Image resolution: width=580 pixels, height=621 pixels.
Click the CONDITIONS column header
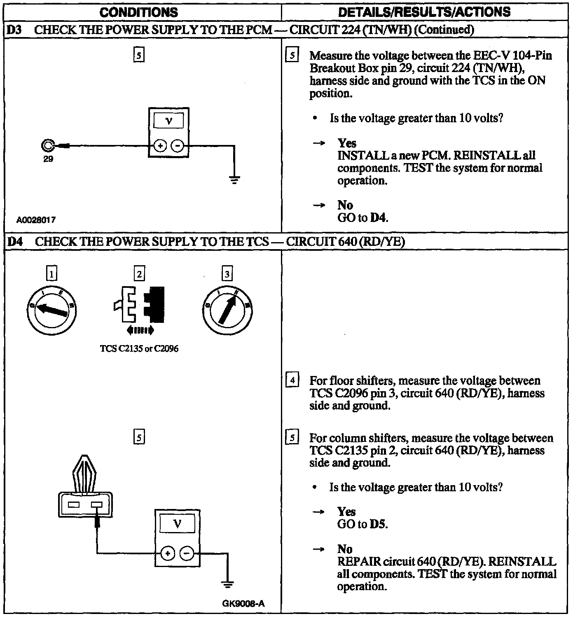pyautogui.click(x=139, y=12)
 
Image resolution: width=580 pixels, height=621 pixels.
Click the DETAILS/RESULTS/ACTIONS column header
pyautogui.click(x=424, y=12)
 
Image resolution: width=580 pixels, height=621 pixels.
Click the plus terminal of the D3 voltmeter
pyautogui.click(x=160, y=146)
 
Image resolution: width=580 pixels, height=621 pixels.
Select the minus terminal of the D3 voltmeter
pyautogui.click(x=177, y=146)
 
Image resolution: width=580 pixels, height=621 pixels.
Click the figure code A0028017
pyautogui.click(x=36, y=219)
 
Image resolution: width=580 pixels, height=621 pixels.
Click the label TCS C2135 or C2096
pyautogui.click(x=139, y=349)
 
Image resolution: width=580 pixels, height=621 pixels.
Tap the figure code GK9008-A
pyautogui.click(x=243, y=604)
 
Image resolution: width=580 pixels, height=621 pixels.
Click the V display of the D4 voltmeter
pyautogui.click(x=177, y=524)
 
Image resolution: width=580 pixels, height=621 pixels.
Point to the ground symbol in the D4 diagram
pyautogui.click(x=227, y=585)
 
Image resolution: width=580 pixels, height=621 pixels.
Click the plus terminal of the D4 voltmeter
pyautogui.click(x=167, y=553)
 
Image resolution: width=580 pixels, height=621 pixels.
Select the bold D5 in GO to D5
pyautogui.click(x=379, y=524)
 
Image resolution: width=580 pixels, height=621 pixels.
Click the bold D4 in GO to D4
pyautogui.click(x=379, y=217)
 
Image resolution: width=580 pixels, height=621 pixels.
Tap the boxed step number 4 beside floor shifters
pyautogui.click(x=292, y=380)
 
